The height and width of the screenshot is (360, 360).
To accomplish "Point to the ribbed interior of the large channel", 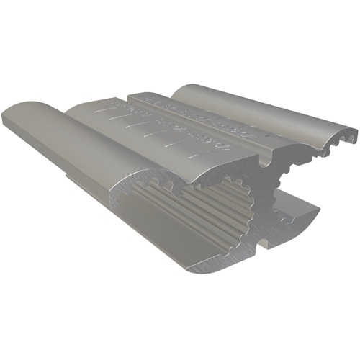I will tap(209, 209).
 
